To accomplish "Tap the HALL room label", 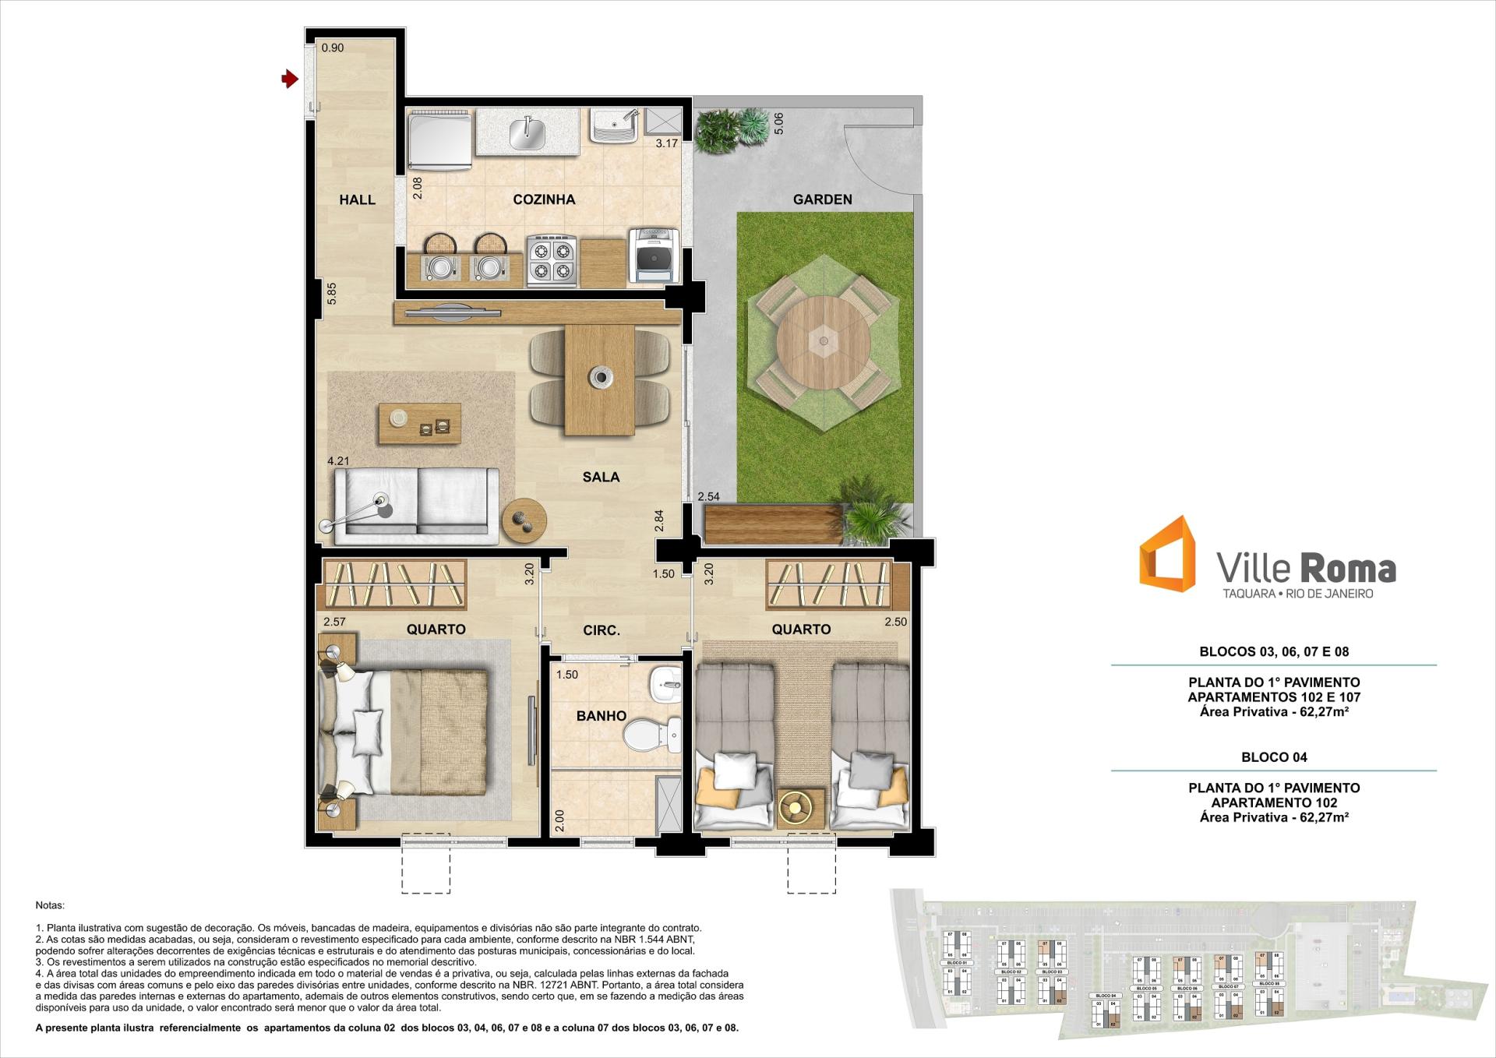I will coord(357,199).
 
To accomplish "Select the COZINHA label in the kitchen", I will coord(544,199).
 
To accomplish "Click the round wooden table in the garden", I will coord(823,340).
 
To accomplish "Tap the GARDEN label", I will coord(822,199).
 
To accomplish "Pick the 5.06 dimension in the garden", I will coord(778,123).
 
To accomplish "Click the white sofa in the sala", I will coord(417,505).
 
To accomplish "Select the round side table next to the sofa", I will coord(524,520).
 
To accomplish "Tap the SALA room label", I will coord(601,477).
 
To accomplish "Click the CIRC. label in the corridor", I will coord(602,630).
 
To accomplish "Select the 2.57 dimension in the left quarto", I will coord(334,622).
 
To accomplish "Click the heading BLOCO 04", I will coord(1274,756).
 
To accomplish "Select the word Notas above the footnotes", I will coord(50,905).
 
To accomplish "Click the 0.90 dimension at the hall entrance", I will coord(333,48).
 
